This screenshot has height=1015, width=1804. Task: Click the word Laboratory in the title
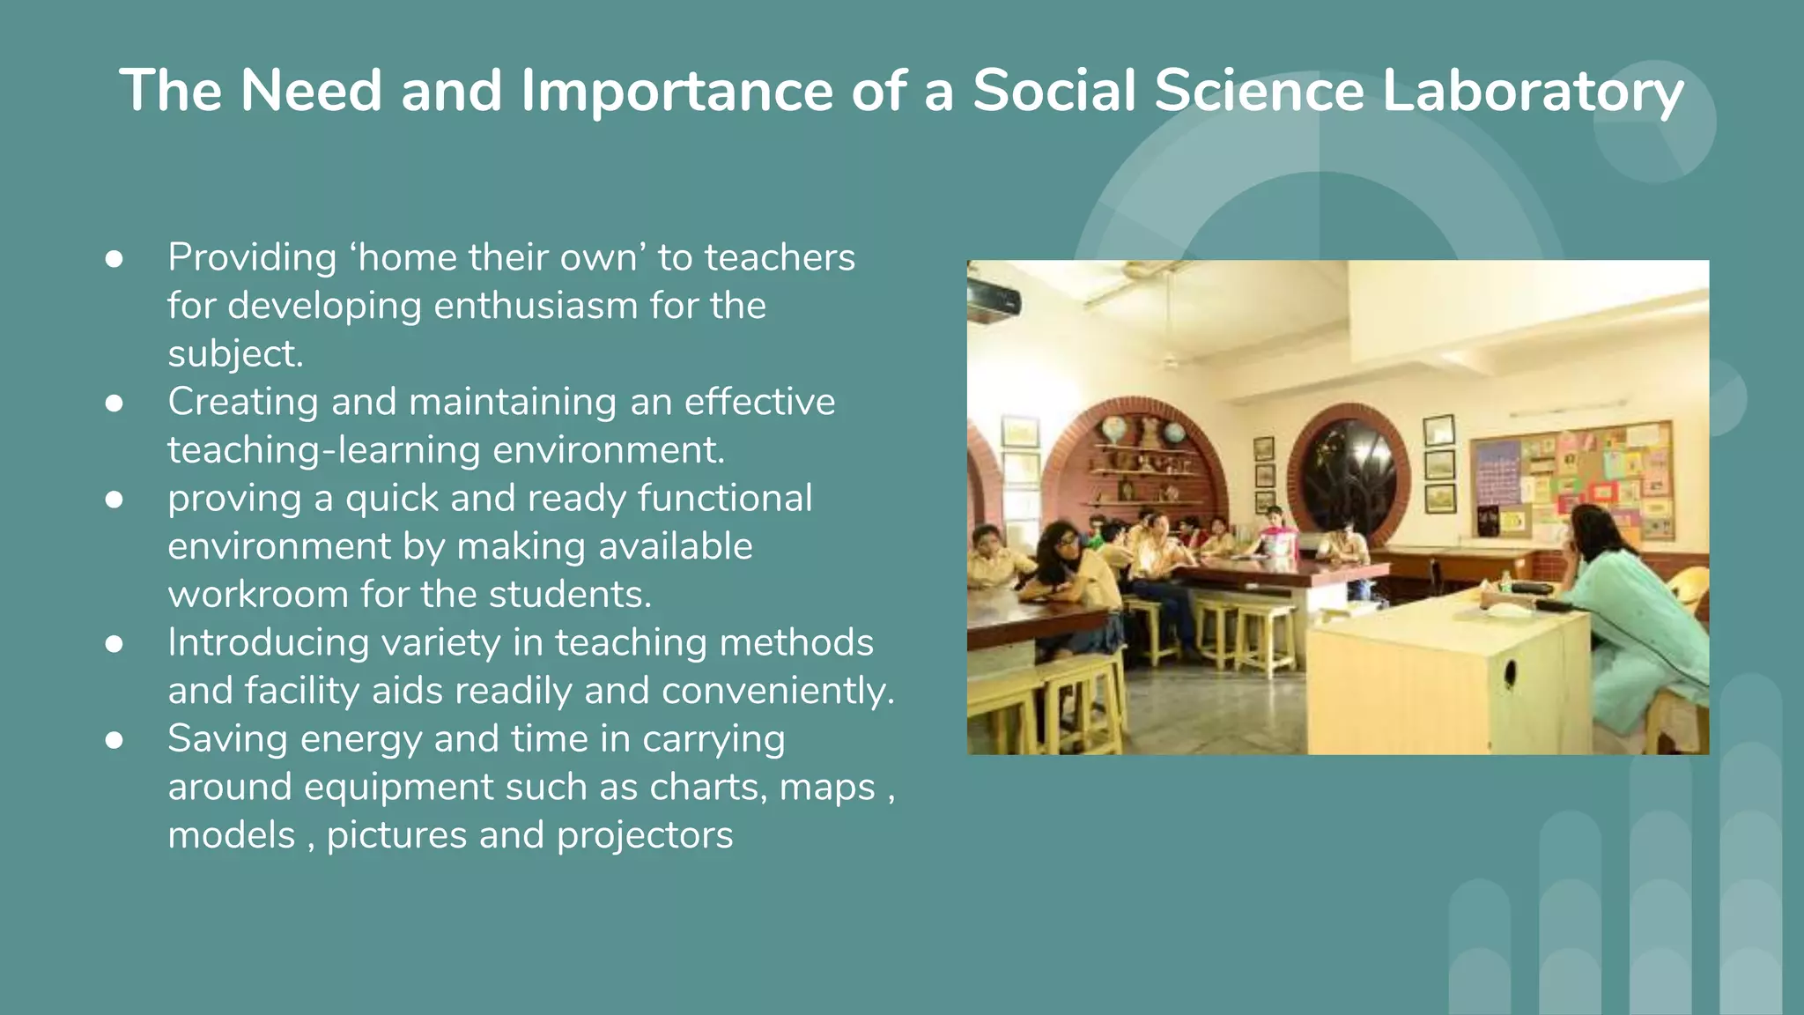1532,91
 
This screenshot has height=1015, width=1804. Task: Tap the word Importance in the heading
676,91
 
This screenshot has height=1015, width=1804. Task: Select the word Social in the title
1054,91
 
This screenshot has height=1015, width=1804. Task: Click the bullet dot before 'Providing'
114,259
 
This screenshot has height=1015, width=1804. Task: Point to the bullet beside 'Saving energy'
114,740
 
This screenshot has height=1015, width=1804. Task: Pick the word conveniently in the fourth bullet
778,691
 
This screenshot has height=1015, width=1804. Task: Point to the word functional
724,499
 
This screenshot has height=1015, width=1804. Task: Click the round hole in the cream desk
1510,673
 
